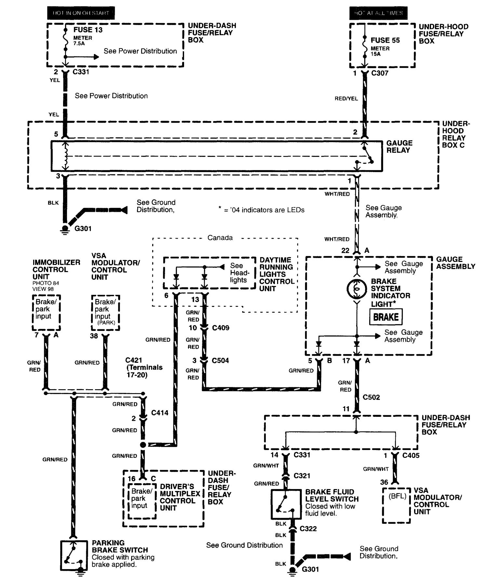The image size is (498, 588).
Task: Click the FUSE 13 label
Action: pyautogui.click(x=88, y=30)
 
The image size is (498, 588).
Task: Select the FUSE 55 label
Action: pyautogui.click(x=385, y=40)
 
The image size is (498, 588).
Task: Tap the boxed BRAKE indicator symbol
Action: pyautogui.click(x=386, y=317)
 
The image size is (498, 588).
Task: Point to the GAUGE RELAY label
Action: pyautogui.click(x=399, y=147)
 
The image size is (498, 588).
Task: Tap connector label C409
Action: pyautogui.click(x=221, y=328)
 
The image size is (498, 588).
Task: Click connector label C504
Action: pyautogui.click(x=220, y=361)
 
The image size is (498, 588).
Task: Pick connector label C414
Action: pyautogui.click(x=160, y=413)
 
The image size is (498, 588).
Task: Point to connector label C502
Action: pyautogui.click(x=371, y=397)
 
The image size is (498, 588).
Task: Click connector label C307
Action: pyautogui.click(x=380, y=73)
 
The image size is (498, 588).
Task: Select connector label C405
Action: pyautogui.click(x=411, y=455)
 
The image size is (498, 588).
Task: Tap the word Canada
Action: pyautogui.click(x=220, y=238)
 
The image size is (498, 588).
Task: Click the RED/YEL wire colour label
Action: pyautogui.click(x=346, y=99)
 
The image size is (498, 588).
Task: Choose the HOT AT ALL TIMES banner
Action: pyautogui.click(x=379, y=13)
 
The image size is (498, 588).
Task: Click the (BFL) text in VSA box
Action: pyautogui.click(x=397, y=496)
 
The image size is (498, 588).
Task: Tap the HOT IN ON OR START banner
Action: pyautogui.click(x=81, y=13)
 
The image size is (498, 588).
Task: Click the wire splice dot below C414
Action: pyautogui.click(x=143, y=445)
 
